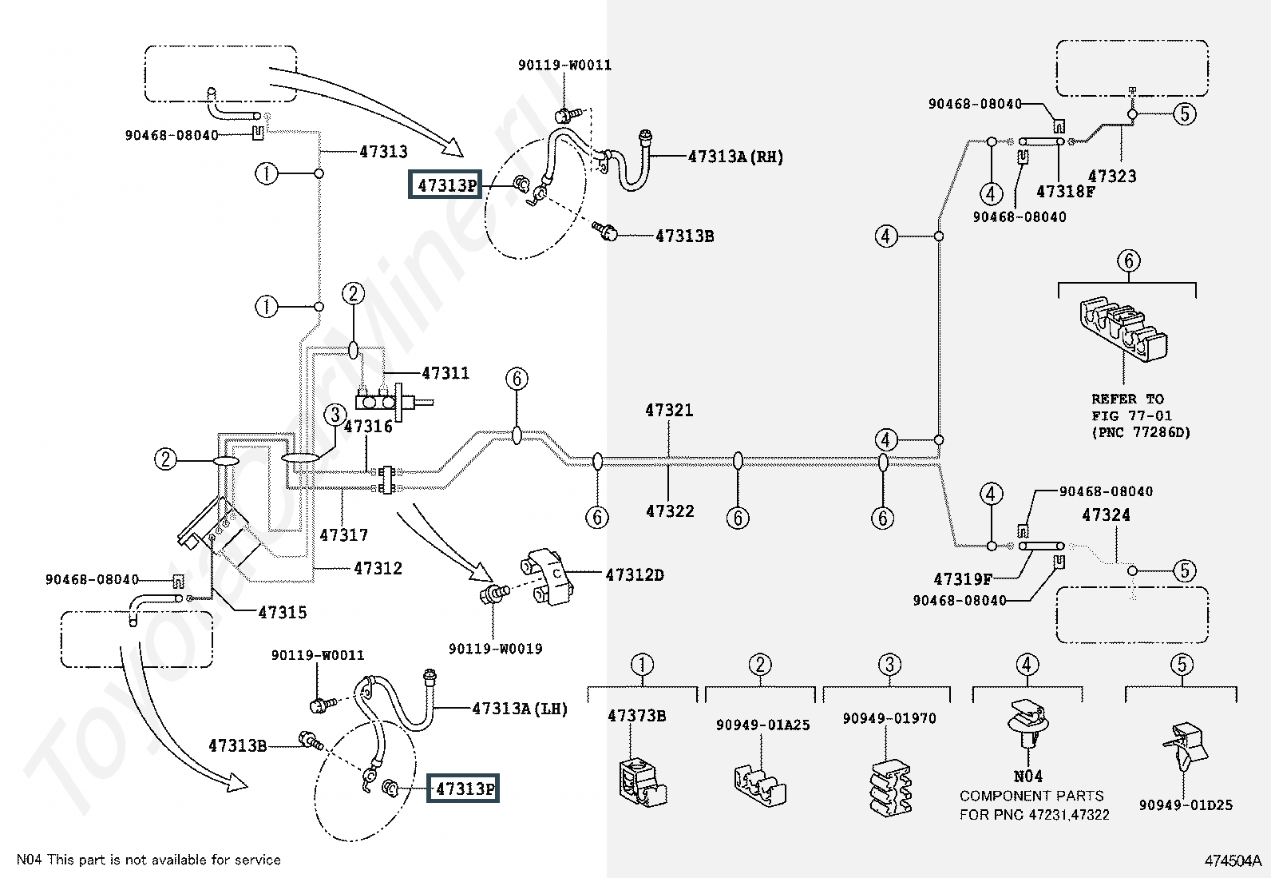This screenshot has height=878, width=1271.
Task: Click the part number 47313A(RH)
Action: (735, 157)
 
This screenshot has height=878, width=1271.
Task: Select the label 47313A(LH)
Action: (519, 708)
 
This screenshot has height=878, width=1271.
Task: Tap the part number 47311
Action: (445, 373)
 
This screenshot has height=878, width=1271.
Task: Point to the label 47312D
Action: (635, 574)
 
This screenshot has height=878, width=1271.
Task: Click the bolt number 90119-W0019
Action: (495, 649)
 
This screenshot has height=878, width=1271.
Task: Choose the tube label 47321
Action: (669, 411)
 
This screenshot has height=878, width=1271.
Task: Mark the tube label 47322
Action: (669, 511)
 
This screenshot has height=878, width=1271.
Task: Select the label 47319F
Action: (963, 579)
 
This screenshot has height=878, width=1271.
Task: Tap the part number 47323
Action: (1112, 177)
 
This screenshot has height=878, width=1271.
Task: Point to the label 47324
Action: (1106, 515)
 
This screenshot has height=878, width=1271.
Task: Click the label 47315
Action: (283, 613)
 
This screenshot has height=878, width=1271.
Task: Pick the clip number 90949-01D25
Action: (1185, 805)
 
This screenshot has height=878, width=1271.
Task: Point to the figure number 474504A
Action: (1232, 860)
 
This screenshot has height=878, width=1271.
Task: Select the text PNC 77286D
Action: (1141, 432)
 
